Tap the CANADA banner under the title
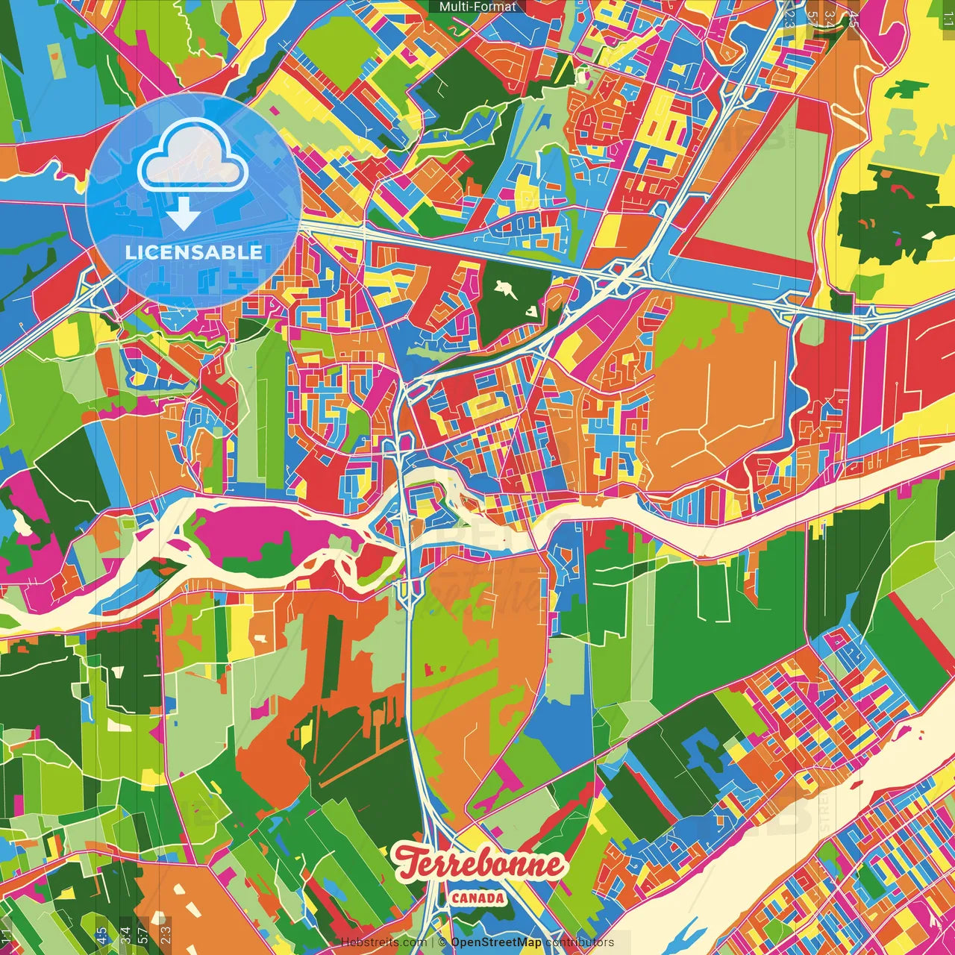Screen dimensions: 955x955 [477, 898]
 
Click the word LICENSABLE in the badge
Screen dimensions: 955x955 [193, 252]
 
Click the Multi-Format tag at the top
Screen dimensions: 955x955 [477, 7]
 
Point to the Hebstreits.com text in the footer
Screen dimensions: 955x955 [383, 942]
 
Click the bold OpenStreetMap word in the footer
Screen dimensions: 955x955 [496, 942]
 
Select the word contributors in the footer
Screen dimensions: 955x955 [580, 942]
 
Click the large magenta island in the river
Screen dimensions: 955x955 [261, 532]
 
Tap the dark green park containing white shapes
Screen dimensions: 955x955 [512, 298]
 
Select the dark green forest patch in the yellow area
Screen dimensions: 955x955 [888, 216]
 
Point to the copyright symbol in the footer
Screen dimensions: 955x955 [441, 942]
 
